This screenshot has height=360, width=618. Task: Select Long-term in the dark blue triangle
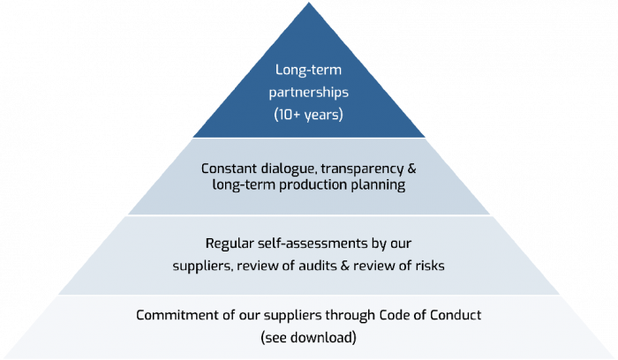pos(308,69)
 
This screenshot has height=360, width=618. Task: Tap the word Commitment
pos(170,315)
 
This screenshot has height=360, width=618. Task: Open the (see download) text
pos(308,336)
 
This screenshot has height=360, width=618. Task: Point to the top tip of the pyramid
pos(309,4)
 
